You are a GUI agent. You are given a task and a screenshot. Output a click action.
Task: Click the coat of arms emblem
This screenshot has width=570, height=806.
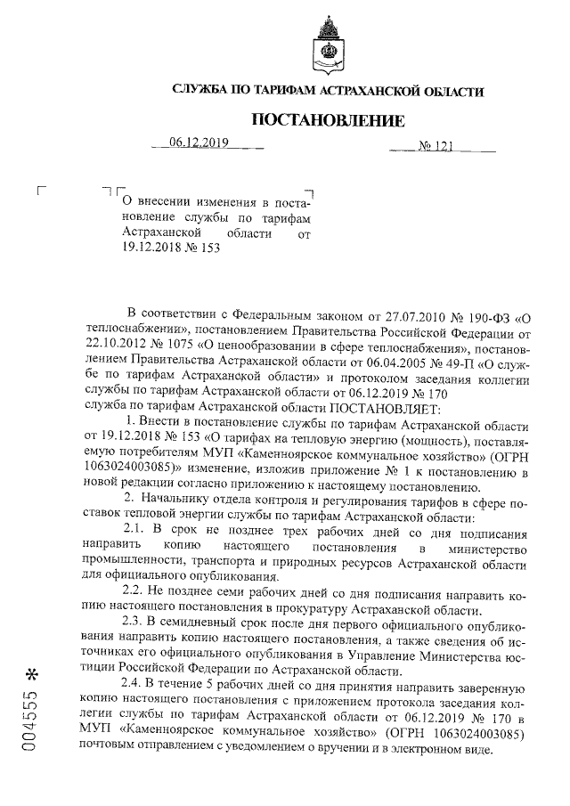329,46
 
